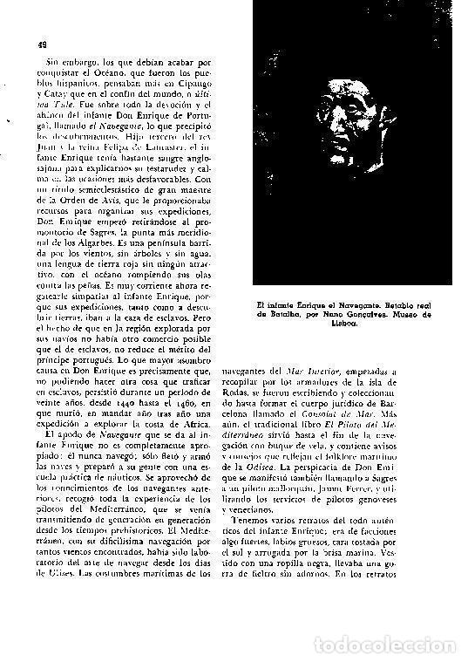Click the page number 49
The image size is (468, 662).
[42, 44]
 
